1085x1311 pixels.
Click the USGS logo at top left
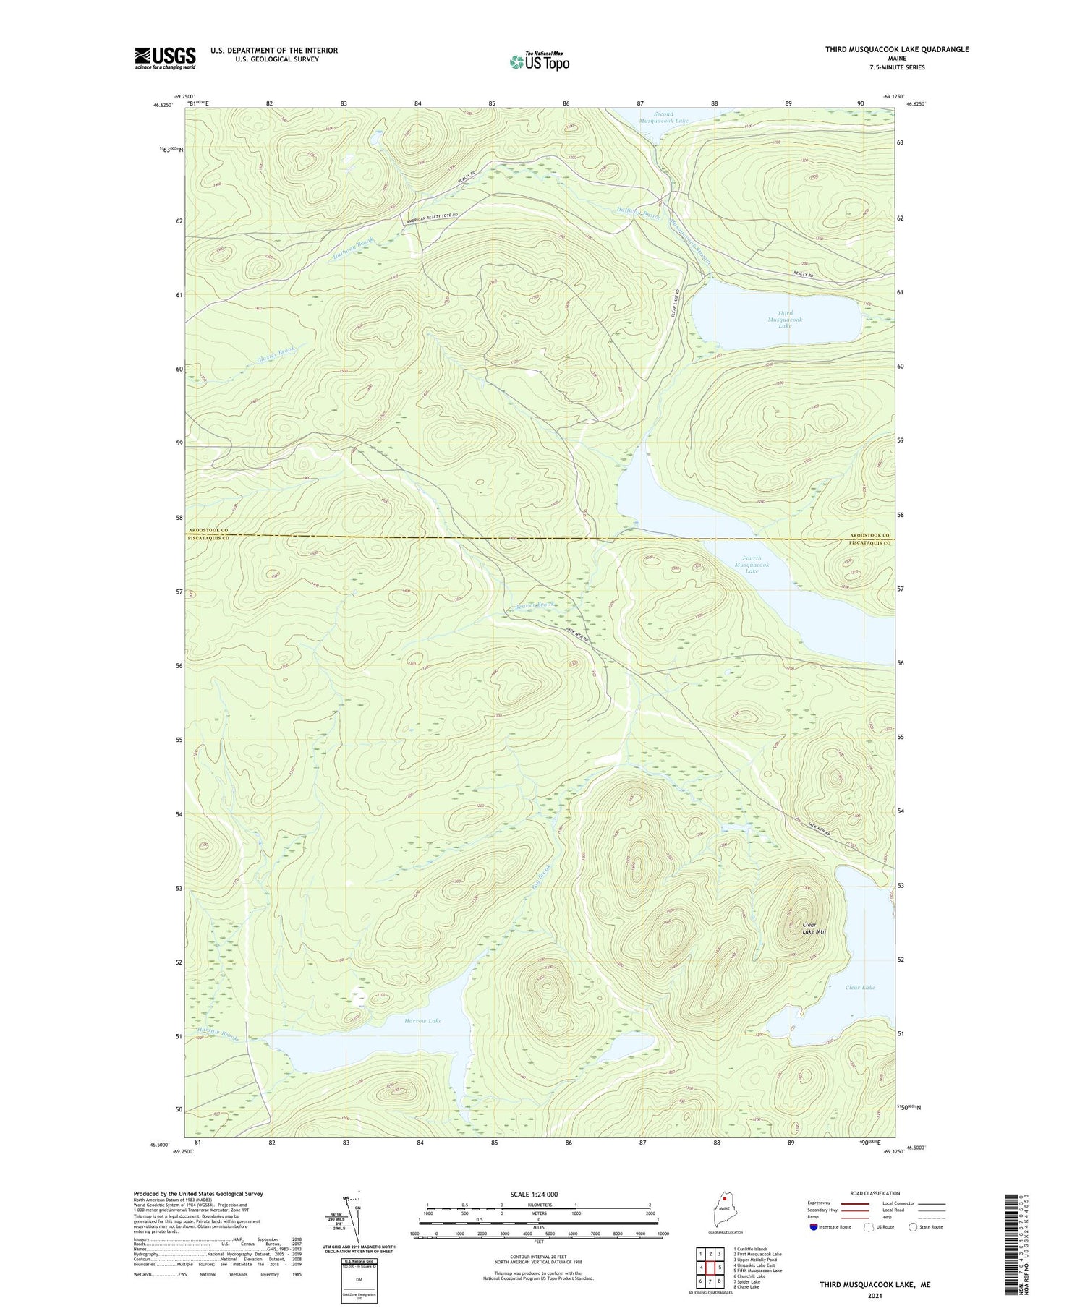point(165,58)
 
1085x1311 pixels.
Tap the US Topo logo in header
point(539,61)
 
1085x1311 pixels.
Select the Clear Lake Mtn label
point(814,928)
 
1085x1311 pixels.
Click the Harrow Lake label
point(422,1020)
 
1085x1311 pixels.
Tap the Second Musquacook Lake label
point(663,117)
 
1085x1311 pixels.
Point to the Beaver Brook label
point(524,605)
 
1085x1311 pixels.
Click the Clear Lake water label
point(859,987)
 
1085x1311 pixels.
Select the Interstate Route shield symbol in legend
point(814,1227)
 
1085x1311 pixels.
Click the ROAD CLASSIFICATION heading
point(875,1193)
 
